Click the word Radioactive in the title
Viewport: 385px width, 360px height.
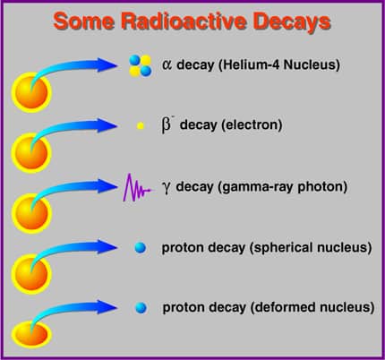(x=184, y=21)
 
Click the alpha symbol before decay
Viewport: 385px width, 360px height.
(x=167, y=64)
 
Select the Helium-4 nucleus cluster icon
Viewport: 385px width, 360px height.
(x=140, y=65)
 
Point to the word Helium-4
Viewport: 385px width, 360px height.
(x=250, y=64)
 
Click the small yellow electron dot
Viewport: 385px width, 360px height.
(x=141, y=125)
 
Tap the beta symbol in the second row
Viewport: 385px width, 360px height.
(x=167, y=124)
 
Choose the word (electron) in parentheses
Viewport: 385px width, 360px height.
(x=252, y=125)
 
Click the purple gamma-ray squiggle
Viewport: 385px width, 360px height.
(x=138, y=188)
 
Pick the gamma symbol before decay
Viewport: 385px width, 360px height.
(x=167, y=188)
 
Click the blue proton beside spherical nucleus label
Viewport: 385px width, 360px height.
(x=141, y=247)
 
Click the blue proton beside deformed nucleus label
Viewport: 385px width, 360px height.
(x=141, y=307)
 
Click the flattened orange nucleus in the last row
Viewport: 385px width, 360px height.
(x=31, y=334)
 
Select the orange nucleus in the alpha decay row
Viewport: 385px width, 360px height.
(x=31, y=92)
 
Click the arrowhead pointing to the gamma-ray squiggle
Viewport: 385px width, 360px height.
(x=107, y=186)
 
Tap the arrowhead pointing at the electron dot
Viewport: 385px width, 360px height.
(x=107, y=125)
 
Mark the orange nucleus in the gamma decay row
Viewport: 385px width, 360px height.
(x=31, y=213)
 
